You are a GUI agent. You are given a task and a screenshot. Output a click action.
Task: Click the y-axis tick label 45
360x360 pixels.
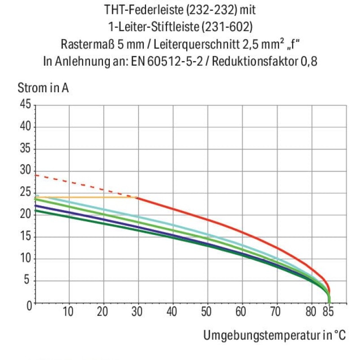coord(25,104)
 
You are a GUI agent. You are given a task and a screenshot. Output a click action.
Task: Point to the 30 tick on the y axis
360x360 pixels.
coord(25,170)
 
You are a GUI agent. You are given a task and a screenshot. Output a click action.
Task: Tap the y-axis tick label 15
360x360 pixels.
coord(25,236)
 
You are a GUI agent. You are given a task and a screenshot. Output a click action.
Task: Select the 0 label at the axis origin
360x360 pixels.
coord(29,306)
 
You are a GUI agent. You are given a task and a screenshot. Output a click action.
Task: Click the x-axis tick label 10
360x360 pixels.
coord(68,312)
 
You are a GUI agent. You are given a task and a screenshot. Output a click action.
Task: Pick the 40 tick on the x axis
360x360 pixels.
coord(172,312)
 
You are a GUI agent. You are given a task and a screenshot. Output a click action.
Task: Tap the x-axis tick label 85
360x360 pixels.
coord(328,312)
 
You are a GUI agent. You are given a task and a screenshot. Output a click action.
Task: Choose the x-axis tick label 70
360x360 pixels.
coord(275,312)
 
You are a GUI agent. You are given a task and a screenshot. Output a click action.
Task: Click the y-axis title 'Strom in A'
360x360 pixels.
coord(43,88)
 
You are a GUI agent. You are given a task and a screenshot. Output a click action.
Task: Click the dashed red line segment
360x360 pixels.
coord(86,186)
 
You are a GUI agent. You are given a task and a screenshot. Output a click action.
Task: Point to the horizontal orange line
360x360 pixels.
coord(86,197)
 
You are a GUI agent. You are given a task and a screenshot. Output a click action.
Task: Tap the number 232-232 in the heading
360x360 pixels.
coord(211,10)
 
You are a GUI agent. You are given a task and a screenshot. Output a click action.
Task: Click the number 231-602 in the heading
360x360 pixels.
coord(227,27)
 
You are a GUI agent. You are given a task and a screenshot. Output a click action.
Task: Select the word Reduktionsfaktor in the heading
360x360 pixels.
coord(255,61)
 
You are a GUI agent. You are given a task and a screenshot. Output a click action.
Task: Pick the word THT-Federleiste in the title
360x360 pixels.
coord(142,10)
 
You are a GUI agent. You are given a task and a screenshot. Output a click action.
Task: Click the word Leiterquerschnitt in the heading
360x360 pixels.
coord(197,44)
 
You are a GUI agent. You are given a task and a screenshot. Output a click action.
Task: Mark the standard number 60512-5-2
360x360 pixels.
coord(175,61)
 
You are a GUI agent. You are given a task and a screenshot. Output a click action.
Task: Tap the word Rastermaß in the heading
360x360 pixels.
coord(87,44)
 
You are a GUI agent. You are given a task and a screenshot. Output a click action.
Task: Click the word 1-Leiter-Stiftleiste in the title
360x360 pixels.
coord(153,27)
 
